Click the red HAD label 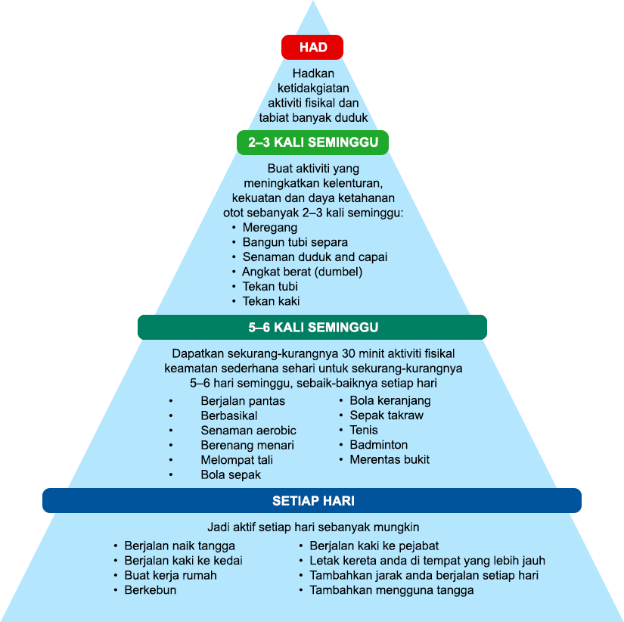(312, 47)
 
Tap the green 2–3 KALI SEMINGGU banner (313, 142)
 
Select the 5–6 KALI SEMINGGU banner (312, 327)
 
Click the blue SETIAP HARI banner (312, 501)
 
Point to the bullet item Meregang (269, 227)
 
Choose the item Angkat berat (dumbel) (302, 272)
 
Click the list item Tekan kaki (271, 301)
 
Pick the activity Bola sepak (231, 474)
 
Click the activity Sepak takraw (386, 415)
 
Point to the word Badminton (378, 445)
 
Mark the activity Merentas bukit (389, 459)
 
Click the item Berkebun (150, 590)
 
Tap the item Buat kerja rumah (170, 575)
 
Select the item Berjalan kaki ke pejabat (374, 546)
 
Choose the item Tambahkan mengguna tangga (391, 590)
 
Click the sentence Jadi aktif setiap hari (312, 527)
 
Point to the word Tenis (363, 430)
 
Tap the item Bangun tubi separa (295, 242)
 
